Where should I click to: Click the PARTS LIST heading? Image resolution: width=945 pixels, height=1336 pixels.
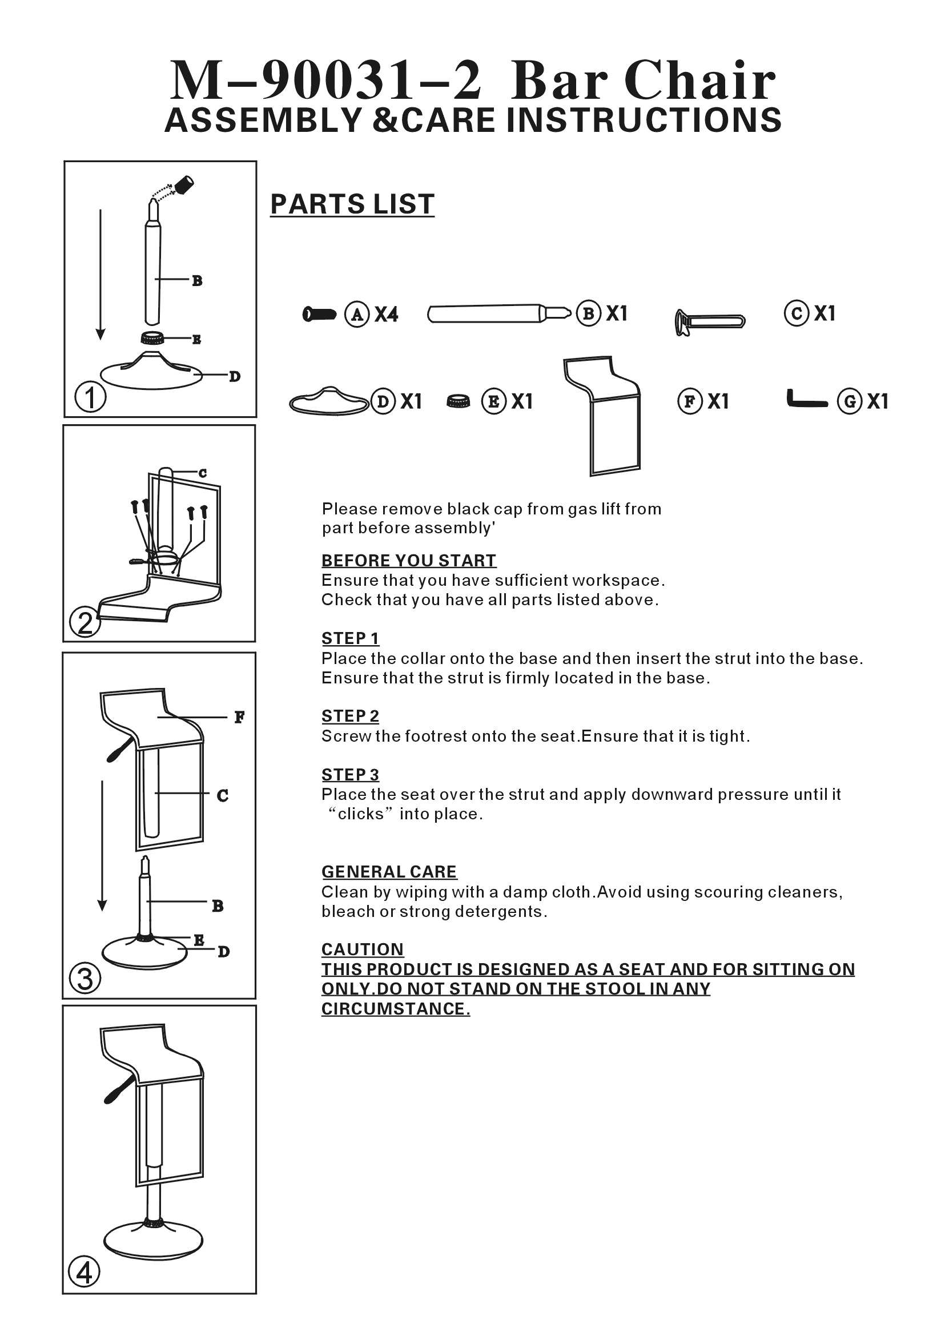tap(352, 204)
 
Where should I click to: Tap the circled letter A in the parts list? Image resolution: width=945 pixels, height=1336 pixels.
tap(357, 314)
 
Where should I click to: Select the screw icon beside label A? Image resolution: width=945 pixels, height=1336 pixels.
tap(319, 314)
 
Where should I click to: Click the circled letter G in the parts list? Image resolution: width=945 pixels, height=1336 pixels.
tap(850, 401)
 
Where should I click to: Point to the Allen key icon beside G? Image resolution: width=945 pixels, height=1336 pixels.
tap(806, 401)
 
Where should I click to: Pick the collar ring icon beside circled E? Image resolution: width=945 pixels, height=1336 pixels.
tap(459, 401)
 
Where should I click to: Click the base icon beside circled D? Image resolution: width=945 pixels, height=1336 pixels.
tap(329, 400)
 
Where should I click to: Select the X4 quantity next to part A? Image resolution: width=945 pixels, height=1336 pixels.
tap(387, 315)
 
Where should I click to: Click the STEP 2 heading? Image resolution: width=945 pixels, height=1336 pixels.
tap(350, 717)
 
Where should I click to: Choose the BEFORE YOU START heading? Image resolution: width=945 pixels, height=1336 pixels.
tap(409, 560)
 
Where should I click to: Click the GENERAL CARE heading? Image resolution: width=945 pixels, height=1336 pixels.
tap(389, 872)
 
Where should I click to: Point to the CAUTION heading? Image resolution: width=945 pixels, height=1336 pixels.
tap(363, 949)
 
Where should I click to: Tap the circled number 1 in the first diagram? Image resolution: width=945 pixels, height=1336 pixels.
tap(90, 397)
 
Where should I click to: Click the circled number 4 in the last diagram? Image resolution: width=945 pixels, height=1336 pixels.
tap(85, 1272)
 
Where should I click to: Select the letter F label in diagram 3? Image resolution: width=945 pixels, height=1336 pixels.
tap(239, 718)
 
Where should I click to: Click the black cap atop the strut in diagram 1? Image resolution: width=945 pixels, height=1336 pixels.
tap(185, 184)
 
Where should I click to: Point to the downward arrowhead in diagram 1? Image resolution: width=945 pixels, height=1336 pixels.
tap(100, 334)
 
